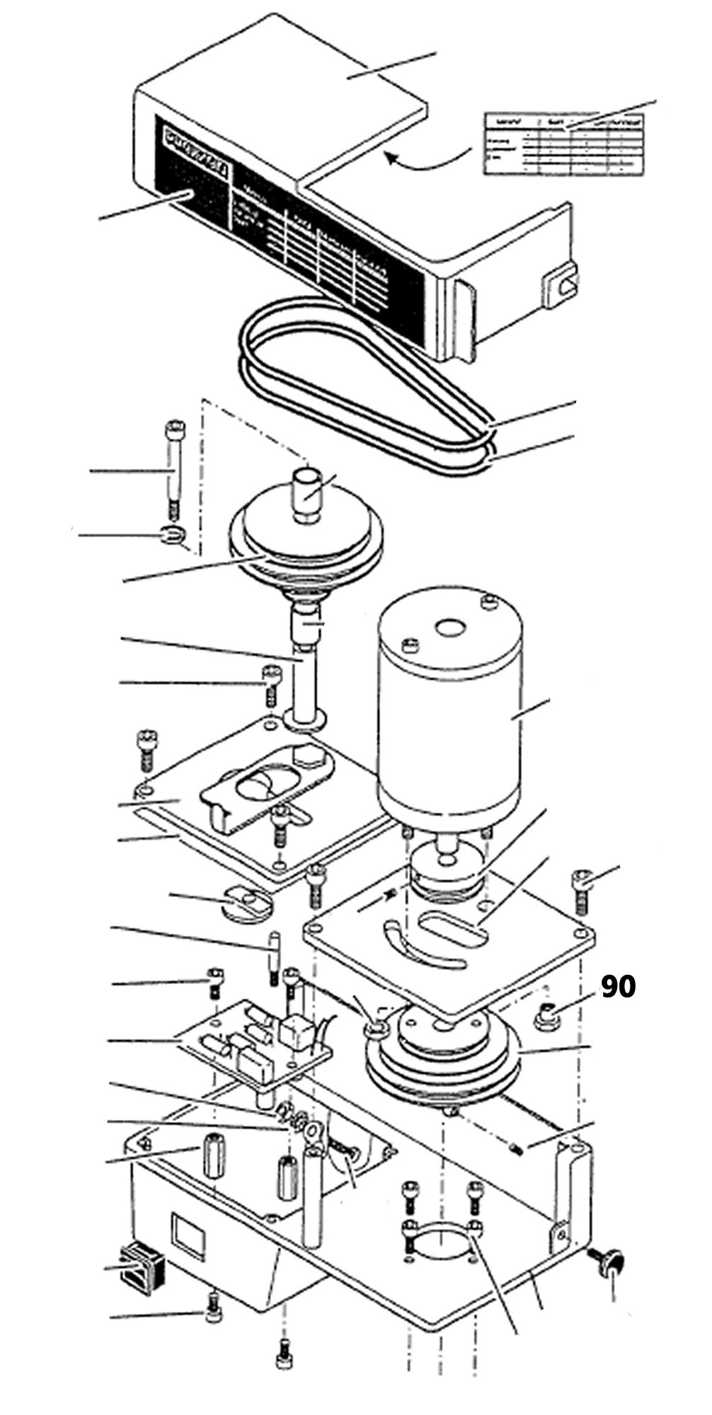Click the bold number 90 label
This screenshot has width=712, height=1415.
click(618, 987)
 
